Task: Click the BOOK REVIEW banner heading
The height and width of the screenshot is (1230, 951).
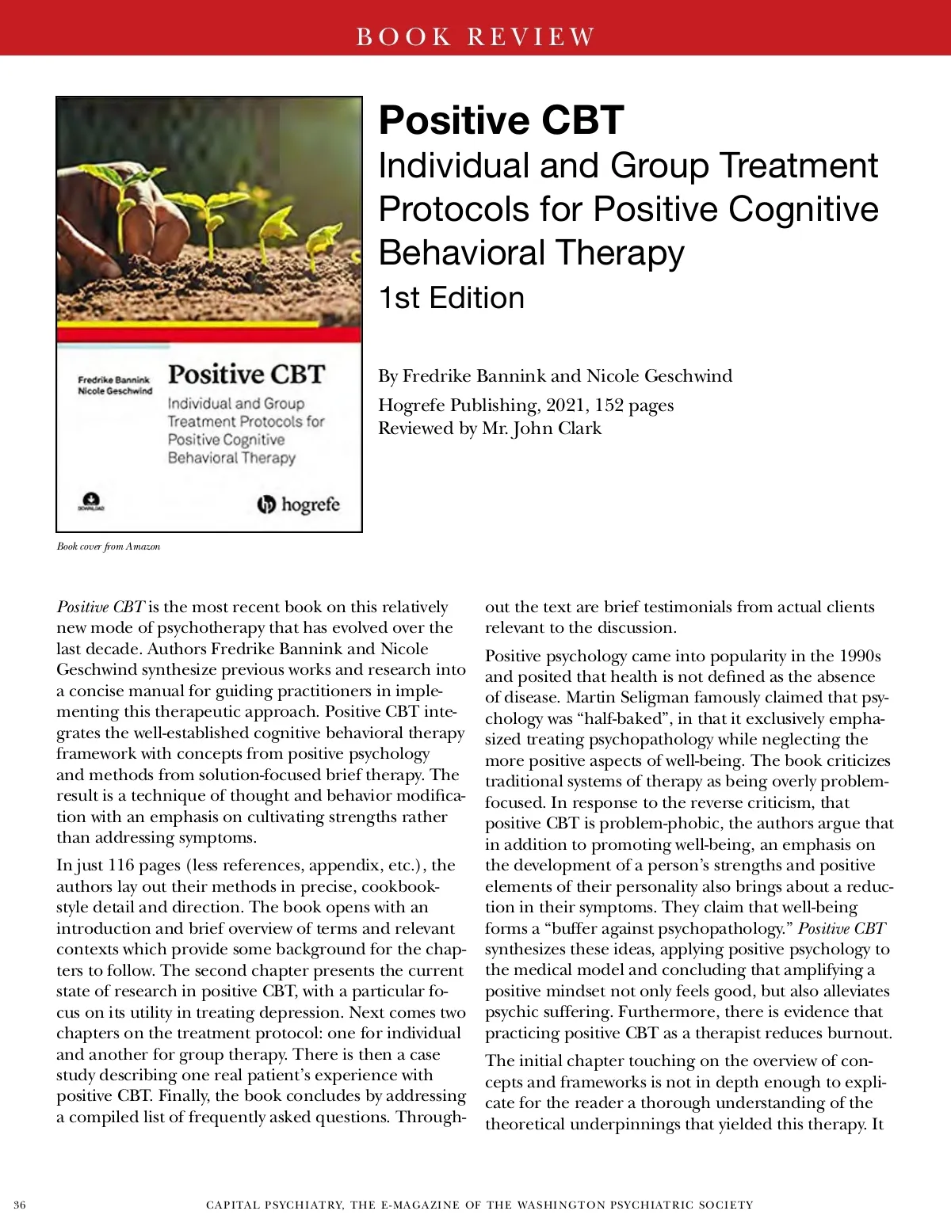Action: tap(475, 36)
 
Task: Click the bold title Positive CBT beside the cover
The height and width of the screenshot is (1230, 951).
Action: tap(501, 120)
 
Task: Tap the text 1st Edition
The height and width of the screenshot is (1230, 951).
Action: tap(451, 298)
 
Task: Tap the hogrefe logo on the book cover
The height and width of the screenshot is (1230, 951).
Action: tap(299, 505)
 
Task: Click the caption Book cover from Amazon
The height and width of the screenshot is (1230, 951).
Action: tap(109, 546)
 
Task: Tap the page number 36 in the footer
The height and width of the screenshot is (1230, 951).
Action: tap(20, 1205)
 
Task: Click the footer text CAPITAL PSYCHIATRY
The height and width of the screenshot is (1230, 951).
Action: tap(274, 1205)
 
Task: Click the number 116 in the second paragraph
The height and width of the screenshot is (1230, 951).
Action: tap(120, 866)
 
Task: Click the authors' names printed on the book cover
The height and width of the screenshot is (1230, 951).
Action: tap(114, 386)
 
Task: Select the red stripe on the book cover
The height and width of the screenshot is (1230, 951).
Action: tap(209, 326)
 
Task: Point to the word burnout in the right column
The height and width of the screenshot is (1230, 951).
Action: tap(861, 1034)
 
